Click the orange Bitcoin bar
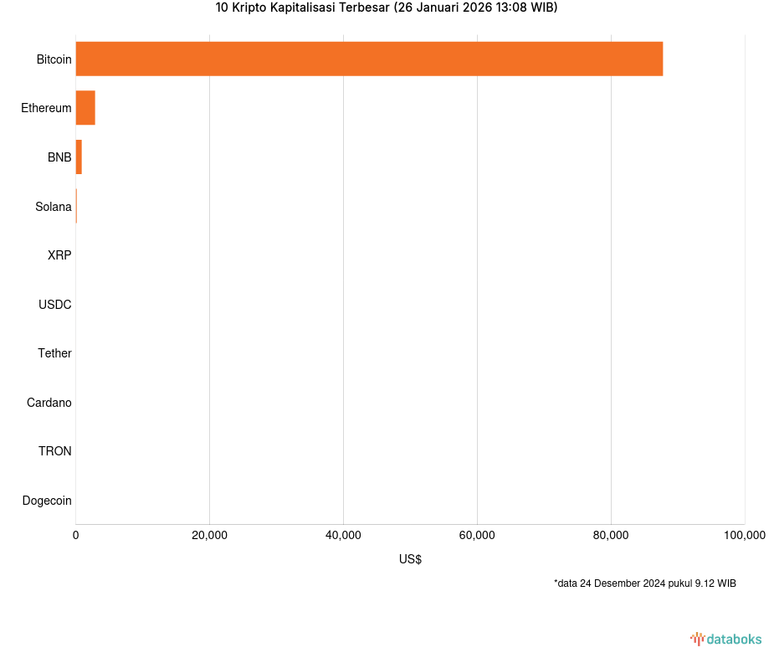369,59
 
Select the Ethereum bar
85,108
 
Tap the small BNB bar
79,157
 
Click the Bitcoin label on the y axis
54,59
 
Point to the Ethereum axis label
46,108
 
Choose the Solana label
53,206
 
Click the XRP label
59,255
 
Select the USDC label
54,305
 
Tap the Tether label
54,353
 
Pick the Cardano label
49,403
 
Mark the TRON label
54,451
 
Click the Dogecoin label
46,501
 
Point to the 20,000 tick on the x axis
209,536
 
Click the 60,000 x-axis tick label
477,536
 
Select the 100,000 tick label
744,536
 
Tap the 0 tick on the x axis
76,536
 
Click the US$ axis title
410,559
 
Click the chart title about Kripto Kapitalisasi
387,8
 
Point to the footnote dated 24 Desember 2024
644,583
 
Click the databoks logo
726,640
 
